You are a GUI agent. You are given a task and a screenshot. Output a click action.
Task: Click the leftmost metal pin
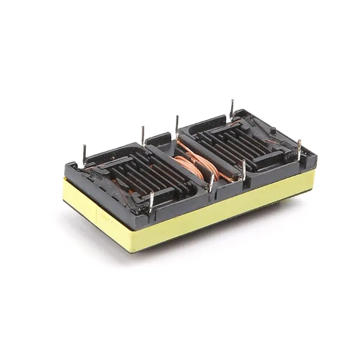coord(84,153)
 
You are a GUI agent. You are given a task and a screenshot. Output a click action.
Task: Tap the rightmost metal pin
coord(299,148)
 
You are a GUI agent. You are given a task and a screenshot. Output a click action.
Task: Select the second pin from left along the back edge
coord(143,135)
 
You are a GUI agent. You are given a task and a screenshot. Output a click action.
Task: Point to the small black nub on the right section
coord(273,130)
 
